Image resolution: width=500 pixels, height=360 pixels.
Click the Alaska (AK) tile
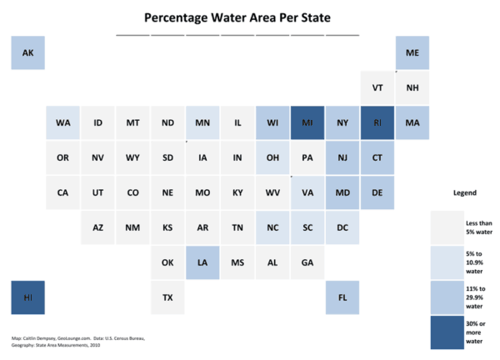27,52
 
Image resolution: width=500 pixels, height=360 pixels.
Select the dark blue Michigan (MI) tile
307,122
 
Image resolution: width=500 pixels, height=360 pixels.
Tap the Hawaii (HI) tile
27,297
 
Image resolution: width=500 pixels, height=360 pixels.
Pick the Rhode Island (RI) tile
377,122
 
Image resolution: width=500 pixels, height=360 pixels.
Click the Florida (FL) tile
342,297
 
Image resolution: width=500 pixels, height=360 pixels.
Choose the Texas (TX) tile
167,297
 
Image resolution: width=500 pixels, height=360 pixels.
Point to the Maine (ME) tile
412,52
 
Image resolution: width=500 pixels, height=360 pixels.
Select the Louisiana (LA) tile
202,262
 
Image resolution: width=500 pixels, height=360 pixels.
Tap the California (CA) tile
62,192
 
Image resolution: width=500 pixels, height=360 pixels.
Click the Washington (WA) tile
62,122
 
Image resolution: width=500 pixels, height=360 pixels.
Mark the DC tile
342,227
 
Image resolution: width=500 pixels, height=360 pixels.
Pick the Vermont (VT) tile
377,87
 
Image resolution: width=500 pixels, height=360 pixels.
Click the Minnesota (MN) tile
202,122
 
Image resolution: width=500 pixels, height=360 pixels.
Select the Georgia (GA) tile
307,262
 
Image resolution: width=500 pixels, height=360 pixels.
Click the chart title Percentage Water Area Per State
237,17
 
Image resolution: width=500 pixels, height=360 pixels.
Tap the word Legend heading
464,192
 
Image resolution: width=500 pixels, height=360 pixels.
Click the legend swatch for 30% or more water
447,330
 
